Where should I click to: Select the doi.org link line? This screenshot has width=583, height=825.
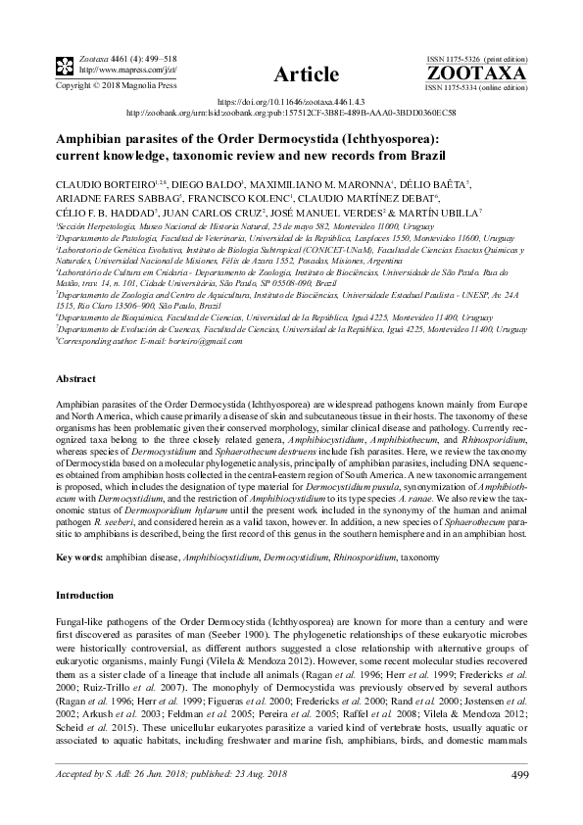(x=290, y=101)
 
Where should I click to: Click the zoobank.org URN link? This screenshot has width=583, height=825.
(x=290, y=113)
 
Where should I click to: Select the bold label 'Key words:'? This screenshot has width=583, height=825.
(x=82, y=556)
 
